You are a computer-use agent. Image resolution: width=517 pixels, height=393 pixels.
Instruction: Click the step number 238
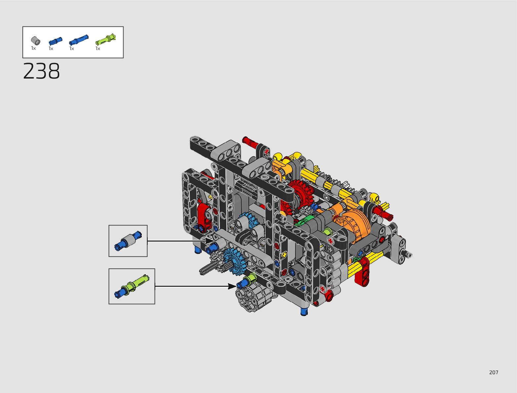click(41, 71)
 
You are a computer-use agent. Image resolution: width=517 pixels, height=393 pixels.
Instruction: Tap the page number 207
click(494, 372)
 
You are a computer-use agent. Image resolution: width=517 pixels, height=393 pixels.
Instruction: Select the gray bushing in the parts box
click(36, 41)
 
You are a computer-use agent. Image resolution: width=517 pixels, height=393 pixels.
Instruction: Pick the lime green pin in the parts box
click(105, 39)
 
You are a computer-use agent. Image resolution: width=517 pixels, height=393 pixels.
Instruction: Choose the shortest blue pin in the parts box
click(55, 41)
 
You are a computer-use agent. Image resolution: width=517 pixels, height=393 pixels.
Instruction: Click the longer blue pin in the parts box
click(79, 40)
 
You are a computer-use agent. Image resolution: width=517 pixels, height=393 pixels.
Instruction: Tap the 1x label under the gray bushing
click(33, 48)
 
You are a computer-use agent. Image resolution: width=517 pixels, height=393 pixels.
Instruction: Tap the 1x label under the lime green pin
click(98, 49)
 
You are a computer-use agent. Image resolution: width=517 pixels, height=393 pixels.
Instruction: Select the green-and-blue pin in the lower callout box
click(132, 286)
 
